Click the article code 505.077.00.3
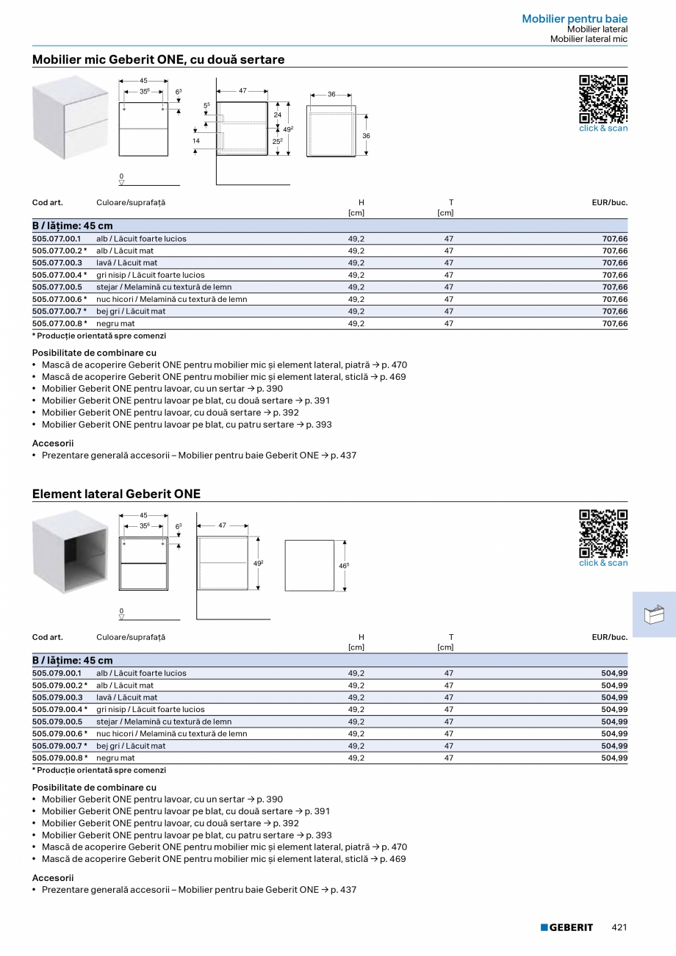tap(57, 262)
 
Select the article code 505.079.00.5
tap(57, 722)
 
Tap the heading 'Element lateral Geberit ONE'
tap(116, 494)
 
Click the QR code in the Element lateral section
tap(603, 533)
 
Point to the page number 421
tap(619, 927)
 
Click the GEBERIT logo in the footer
tap(567, 927)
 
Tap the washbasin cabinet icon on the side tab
tap(653, 614)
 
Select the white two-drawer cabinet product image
tap(71, 118)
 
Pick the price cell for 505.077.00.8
tap(614, 323)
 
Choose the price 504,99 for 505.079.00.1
tap(614, 673)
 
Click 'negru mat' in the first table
tap(115, 323)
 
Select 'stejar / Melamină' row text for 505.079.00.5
tap(164, 722)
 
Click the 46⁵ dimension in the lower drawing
tap(343, 565)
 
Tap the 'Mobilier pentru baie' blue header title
tap(575, 18)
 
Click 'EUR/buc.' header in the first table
tap(609, 202)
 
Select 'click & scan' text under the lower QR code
tap(603, 563)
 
